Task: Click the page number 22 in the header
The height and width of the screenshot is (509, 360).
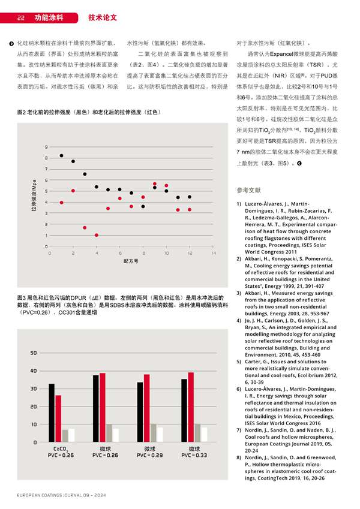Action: tap(20, 18)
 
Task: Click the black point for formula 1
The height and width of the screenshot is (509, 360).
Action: tap(61, 156)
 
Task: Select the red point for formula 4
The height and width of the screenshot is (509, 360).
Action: tap(97, 235)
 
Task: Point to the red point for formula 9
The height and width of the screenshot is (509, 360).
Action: tap(155, 184)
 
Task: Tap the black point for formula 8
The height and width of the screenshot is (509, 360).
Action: tap(143, 206)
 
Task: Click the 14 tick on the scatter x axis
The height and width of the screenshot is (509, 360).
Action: tap(213, 253)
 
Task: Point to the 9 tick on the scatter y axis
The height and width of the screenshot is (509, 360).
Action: tap(46, 147)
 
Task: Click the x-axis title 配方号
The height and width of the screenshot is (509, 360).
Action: tap(131, 261)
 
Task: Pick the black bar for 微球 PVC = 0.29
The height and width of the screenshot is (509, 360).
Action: tap(140, 412)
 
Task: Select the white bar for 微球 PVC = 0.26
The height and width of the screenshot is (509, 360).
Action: tap(116, 435)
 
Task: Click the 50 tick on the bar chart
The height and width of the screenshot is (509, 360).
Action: tap(33, 353)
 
